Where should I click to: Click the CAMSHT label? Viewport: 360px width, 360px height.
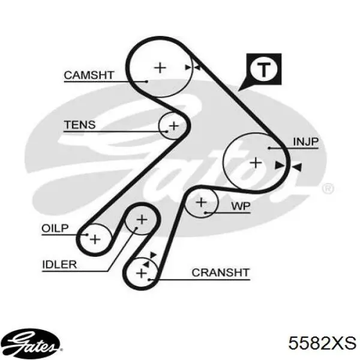click(89, 76)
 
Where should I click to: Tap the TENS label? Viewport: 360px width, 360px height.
click(79, 125)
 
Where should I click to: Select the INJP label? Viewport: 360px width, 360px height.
click(306, 142)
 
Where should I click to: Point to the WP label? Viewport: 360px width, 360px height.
click(241, 206)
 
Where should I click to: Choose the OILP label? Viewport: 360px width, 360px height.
click(55, 228)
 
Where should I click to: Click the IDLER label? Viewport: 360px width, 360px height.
click(59, 265)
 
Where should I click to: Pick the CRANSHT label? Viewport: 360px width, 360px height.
click(221, 273)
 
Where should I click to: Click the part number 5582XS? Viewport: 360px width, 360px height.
click(322, 343)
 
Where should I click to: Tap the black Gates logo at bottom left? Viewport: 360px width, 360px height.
click(32, 344)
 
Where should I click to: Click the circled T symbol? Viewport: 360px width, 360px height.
click(263, 68)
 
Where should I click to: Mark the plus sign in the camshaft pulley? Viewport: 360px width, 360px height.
click(160, 68)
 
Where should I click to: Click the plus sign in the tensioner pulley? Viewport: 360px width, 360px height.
click(174, 126)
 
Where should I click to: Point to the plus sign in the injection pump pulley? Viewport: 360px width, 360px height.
click(256, 163)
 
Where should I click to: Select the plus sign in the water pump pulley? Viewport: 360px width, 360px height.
click(202, 202)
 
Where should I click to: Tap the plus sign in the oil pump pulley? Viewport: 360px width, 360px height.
click(95, 239)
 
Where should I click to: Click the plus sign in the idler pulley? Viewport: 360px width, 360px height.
click(142, 220)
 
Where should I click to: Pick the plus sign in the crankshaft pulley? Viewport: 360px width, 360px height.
click(142, 273)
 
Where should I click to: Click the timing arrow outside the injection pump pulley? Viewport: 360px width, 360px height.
click(296, 167)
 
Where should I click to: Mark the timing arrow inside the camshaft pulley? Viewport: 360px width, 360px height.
click(188, 67)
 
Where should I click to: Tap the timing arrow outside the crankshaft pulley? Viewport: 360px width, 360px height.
click(153, 255)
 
